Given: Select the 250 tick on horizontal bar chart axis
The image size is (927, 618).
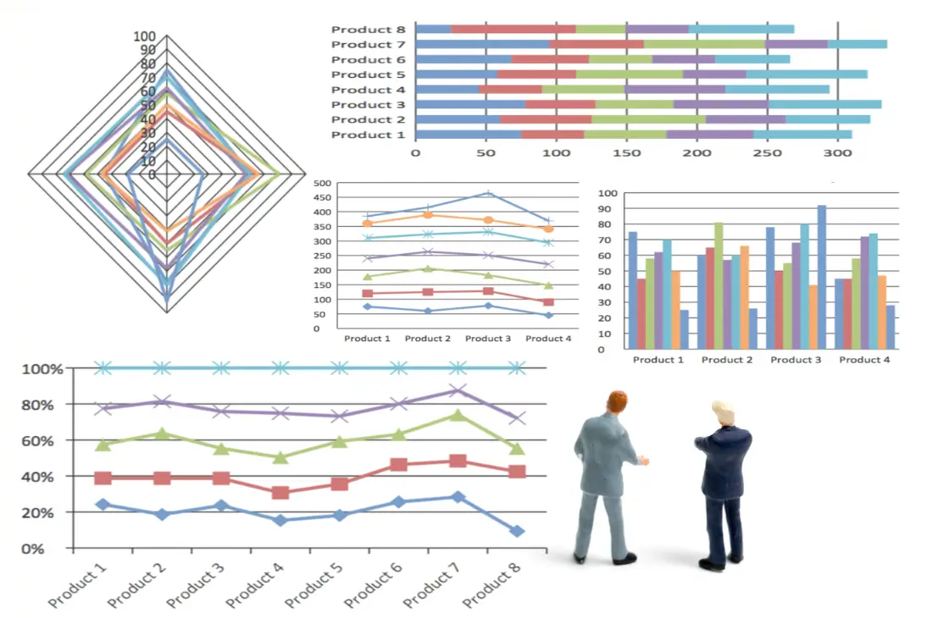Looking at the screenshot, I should pyautogui.click(x=767, y=153).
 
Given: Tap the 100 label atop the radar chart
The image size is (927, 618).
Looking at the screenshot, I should pyautogui.click(x=145, y=36).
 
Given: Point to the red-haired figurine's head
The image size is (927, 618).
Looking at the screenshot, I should pyautogui.click(x=617, y=401).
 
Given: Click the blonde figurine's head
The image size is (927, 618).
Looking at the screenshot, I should pyautogui.click(x=722, y=413).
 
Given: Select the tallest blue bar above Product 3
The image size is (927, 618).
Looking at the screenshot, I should pyautogui.click(x=821, y=276).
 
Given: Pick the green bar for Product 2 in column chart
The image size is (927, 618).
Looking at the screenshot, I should pyautogui.click(x=719, y=284).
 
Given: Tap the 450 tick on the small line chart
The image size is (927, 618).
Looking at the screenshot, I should pyautogui.click(x=323, y=197).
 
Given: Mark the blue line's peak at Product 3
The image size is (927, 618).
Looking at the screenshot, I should pyautogui.click(x=488, y=194).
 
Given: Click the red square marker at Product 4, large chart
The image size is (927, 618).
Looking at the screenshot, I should pyautogui.click(x=280, y=493).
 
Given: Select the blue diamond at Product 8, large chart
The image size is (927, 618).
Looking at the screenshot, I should pyautogui.click(x=517, y=531).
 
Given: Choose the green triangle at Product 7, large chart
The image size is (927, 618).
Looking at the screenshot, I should pyautogui.click(x=458, y=415).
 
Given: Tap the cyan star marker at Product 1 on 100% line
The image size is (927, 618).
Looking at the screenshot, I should pyautogui.click(x=103, y=367).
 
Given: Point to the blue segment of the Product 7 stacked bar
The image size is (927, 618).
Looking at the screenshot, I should pyautogui.click(x=482, y=44).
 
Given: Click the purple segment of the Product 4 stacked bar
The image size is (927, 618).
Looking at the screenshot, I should pyautogui.click(x=674, y=89).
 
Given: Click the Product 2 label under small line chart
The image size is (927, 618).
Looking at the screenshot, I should pyautogui.click(x=427, y=339).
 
